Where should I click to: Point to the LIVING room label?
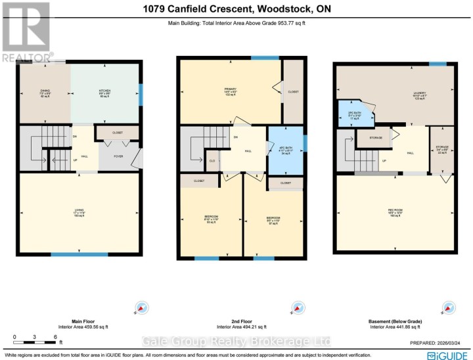click(x=79, y=211)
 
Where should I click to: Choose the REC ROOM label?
click(x=394, y=212)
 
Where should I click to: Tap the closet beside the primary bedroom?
click(x=293, y=92)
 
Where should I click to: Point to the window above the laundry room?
click(x=435, y=63)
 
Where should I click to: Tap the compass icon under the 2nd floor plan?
click(x=296, y=307)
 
